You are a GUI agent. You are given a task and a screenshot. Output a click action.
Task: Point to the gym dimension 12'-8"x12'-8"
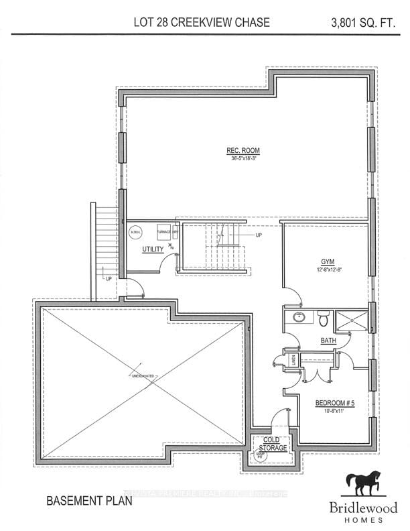[x=327, y=270]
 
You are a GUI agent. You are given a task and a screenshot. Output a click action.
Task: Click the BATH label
[x=328, y=341]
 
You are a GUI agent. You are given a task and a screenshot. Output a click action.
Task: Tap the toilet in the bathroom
[x=323, y=316]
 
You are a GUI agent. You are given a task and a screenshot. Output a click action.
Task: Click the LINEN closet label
[x=293, y=361]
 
